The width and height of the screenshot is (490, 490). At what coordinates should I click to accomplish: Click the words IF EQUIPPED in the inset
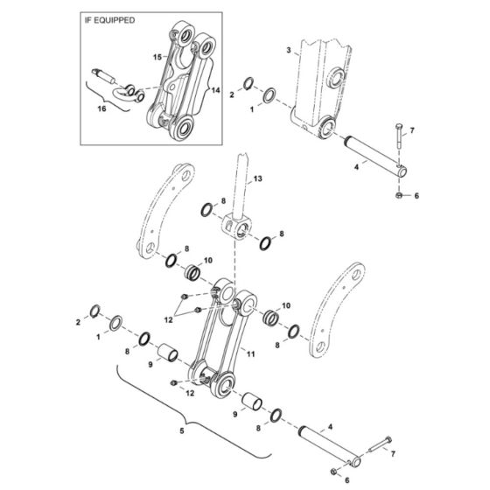111,19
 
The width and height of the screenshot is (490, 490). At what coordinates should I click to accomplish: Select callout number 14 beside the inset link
215,89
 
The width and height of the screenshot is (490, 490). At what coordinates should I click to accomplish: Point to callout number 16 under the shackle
101,108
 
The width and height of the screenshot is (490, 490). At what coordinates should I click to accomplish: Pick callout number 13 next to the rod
258,178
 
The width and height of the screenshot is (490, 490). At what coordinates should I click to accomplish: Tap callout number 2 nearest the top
232,94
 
